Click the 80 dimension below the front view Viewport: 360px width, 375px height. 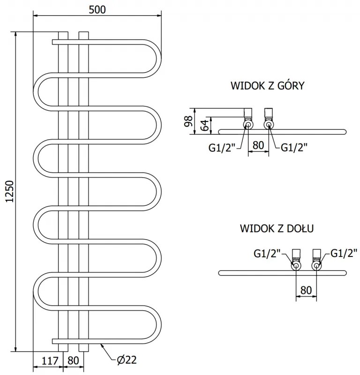coord(74,360)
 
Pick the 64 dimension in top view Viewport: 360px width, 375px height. coord(204,125)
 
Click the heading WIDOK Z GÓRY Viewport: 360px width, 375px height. coord(268,86)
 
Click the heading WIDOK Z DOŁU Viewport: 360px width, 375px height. coord(277,228)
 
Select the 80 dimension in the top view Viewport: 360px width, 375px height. coord(258,145)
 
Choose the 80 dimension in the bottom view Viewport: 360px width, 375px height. coord(306,290)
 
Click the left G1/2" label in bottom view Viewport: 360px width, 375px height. coord(267,253)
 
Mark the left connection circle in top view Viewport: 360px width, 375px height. coord(247,125)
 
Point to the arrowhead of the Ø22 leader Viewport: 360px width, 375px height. coord(102,345)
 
